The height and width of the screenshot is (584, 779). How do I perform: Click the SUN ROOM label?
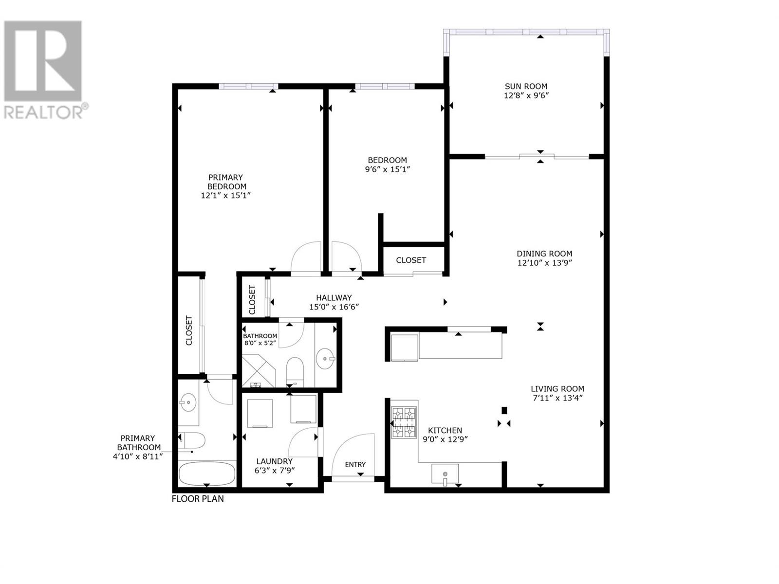[x=526, y=86]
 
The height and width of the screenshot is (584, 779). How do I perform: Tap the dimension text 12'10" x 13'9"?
[x=545, y=263]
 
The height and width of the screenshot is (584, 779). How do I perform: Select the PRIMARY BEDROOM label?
[x=226, y=182]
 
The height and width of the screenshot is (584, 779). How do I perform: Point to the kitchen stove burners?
[x=404, y=422]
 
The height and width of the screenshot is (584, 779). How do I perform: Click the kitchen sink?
[x=445, y=474]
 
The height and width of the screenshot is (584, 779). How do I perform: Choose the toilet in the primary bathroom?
[x=192, y=441]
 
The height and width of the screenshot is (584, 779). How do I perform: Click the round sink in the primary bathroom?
[x=188, y=402]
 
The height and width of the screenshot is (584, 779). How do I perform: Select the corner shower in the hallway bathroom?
[x=258, y=371]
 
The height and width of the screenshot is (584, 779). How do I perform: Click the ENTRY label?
[x=355, y=464]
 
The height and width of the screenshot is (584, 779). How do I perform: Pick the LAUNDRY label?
[x=274, y=461]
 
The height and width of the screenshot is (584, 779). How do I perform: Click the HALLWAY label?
[x=334, y=297]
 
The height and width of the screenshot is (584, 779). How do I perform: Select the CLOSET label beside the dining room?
[x=411, y=260]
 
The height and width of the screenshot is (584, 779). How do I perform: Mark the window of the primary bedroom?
[x=248, y=86]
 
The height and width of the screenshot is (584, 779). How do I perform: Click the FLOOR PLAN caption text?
[x=198, y=499]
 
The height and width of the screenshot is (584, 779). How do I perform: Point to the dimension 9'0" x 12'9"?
[x=445, y=439]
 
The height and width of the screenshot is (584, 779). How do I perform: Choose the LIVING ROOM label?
[x=557, y=389]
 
